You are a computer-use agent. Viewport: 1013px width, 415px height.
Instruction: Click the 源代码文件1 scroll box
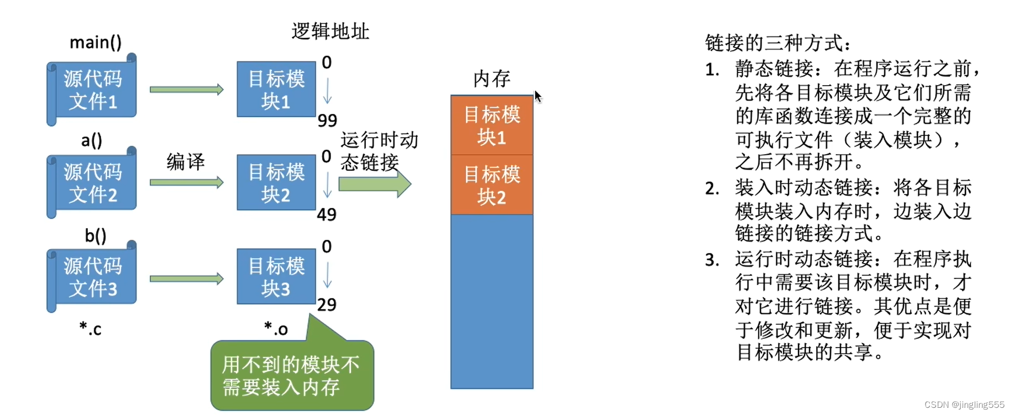(x=92, y=90)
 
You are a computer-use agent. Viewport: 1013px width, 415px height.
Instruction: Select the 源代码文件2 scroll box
(x=92, y=183)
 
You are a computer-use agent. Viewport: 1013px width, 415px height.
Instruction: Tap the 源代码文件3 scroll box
(x=92, y=277)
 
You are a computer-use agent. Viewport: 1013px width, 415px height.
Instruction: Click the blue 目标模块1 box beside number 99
(x=276, y=90)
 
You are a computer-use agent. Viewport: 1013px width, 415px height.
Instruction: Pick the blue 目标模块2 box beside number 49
(x=276, y=183)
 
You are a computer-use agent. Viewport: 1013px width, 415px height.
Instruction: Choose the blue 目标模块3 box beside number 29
(x=276, y=277)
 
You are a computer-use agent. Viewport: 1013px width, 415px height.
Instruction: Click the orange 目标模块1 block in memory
(x=491, y=125)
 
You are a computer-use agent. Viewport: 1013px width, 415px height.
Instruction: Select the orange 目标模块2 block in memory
(x=491, y=185)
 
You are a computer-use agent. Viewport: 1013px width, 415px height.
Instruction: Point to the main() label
(x=96, y=43)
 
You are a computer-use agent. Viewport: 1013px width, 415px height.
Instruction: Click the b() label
(x=95, y=236)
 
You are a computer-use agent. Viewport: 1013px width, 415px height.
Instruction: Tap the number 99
(x=327, y=120)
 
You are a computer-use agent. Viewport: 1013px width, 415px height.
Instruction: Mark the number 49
(x=327, y=214)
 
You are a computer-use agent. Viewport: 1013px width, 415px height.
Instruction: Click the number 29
(x=327, y=304)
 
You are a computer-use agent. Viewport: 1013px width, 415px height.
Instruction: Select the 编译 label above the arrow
(x=186, y=162)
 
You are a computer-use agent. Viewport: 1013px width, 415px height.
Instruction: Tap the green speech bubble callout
(x=292, y=375)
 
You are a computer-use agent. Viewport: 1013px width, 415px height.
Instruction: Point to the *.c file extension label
(x=90, y=329)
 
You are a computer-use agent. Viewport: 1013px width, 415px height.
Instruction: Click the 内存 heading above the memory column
(x=491, y=78)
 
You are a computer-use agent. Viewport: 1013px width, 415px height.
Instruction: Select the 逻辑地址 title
(x=330, y=31)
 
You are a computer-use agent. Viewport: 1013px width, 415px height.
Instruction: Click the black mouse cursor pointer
(x=538, y=97)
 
